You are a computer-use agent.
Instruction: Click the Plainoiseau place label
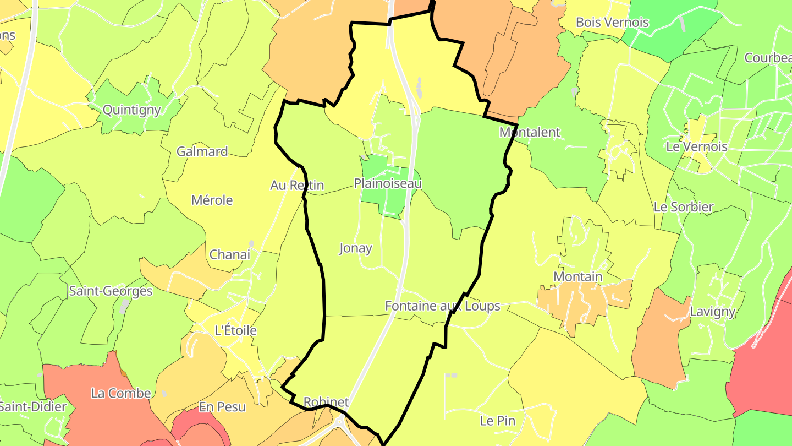[388, 183]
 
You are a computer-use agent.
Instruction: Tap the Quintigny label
[132, 110]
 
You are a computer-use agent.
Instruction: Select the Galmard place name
[202, 151]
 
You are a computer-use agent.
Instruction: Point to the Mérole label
[212, 200]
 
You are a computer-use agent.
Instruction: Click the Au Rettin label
[297, 186]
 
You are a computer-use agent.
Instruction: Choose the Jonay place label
[355, 248]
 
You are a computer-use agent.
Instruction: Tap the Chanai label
[230, 254]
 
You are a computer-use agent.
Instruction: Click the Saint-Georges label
[111, 291]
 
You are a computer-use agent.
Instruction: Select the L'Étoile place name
[235, 330]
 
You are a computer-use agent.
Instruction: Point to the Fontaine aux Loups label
[443, 306]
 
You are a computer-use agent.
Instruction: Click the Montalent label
[530, 132]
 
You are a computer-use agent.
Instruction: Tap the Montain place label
[578, 276]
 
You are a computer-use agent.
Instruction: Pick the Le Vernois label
[696, 147]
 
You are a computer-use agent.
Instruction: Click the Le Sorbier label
[684, 207]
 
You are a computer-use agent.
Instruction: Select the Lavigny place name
[713, 312]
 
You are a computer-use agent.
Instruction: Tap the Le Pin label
[497, 421]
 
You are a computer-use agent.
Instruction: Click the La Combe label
[121, 393]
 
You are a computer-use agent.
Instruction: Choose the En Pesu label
[222, 407]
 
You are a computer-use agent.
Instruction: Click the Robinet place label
[326, 402]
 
